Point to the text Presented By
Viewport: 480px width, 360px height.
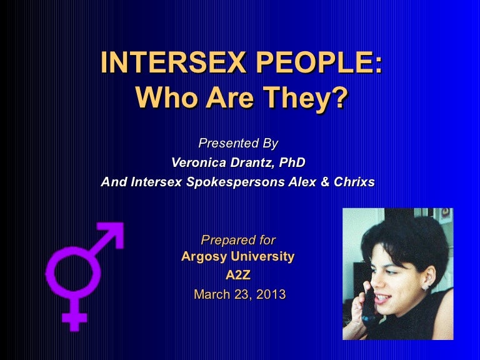pyautogui.click(x=237, y=143)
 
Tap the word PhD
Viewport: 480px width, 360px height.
pyautogui.click(x=292, y=162)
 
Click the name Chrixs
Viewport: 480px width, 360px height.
pyautogui.click(x=354, y=182)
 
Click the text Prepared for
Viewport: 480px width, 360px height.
pyautogui.click(x=237, y=239)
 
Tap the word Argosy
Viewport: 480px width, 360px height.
pyautogui.click(x=202, y=256)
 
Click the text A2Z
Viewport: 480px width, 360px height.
pyautogui.click(x=238, y=274)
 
